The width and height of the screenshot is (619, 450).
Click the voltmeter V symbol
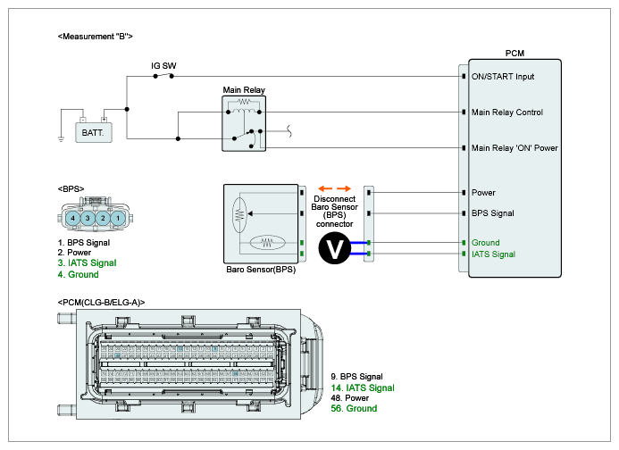tap(334, 248)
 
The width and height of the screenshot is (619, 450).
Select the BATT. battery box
tap(94, 132)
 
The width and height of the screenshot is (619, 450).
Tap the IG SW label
tap(163, 66)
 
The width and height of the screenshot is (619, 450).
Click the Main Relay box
tap(244, 123)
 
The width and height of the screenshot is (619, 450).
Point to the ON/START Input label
tap(503, 77)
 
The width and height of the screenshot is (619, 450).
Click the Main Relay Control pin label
tap(506, 112)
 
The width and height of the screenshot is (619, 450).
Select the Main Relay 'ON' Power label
tap(514, 148)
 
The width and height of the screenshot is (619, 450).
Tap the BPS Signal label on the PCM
tap(493, 213)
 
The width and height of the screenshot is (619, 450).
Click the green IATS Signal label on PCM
tap(493, 254)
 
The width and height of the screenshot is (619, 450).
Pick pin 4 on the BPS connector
tap(72, 218)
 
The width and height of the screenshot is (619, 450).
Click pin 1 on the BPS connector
tap(118, 218)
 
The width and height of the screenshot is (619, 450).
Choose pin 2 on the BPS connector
tap(103, 218)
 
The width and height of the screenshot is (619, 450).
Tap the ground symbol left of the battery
tap(61, 139)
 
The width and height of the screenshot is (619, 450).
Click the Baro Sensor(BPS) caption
tap(261, 270)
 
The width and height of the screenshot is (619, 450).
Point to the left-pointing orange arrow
tap(325, 188)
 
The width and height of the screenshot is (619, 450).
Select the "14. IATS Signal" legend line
tap(363, 388)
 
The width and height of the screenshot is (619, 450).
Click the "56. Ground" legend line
tap(354, 409)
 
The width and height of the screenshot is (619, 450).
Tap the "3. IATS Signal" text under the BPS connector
tap(87, 262)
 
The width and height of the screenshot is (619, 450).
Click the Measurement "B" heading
tap(96, 37)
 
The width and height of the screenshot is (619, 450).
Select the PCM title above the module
tap(514, 54)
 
